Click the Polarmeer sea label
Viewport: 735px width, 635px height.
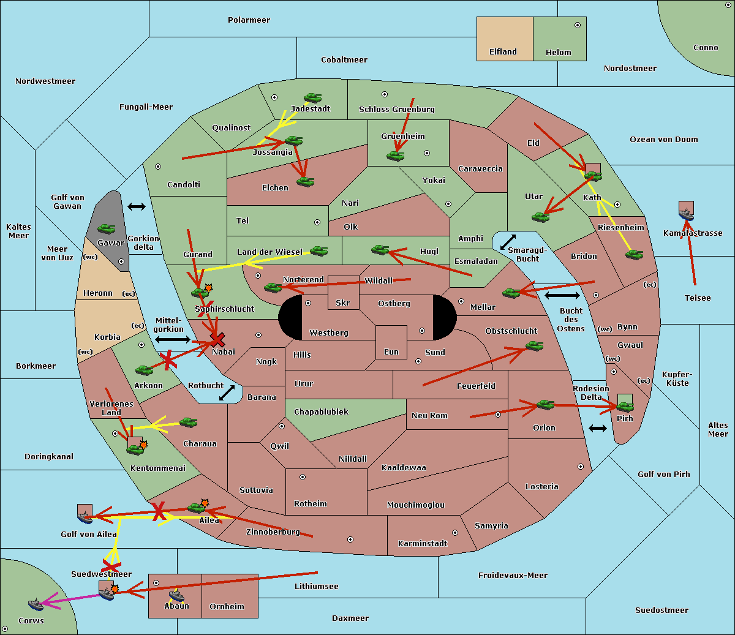[249, 20]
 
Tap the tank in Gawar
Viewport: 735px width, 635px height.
[107, 229]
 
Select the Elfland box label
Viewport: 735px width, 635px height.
[503, 51]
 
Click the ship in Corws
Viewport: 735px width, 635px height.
[36, 604]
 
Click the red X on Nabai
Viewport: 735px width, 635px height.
[217, 339]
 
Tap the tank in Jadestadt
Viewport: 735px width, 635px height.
[312, 98]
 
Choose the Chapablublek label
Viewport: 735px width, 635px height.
[321, 411]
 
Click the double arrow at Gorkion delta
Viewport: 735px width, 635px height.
[137, 206]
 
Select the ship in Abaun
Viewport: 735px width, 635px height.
[176, 596]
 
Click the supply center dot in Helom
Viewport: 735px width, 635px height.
[578, 25]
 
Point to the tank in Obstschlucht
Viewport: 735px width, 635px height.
[535, 346]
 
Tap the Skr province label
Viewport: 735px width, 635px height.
[343, 302]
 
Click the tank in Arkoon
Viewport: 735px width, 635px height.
[145, 370]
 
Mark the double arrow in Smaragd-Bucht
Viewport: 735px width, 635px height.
[508, 242]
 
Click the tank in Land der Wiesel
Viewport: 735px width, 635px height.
[318, 251]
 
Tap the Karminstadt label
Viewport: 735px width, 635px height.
[423, 543]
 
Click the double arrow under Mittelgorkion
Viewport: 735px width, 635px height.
[173, 339]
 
